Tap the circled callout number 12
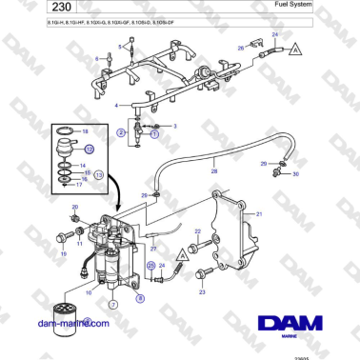(x=90, y=150)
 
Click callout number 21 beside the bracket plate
(x=256, y=216)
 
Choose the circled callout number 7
(x=112, y=305)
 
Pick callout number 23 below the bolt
(x=202, y=291)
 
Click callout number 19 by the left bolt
(x=63, y=254)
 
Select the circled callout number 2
(x=120, y=135)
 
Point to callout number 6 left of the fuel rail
(x=96, y=59)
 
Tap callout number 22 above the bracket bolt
(x=197, y=231)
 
